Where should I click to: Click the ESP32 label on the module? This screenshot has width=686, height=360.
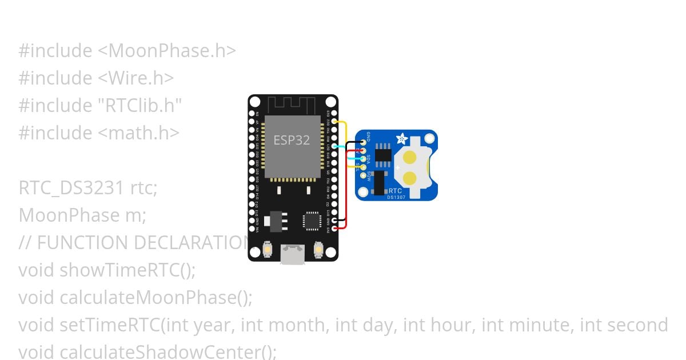point(292,140)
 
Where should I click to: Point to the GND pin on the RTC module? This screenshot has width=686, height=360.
point(363,142)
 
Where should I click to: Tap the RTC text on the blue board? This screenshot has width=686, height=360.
point(394,190)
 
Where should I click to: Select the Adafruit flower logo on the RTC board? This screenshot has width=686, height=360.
point(402,139)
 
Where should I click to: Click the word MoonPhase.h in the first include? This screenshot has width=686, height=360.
point(165,51)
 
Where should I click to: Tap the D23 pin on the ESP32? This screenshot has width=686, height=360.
point(333,114)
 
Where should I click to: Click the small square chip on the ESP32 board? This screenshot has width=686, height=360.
point(312,221)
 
